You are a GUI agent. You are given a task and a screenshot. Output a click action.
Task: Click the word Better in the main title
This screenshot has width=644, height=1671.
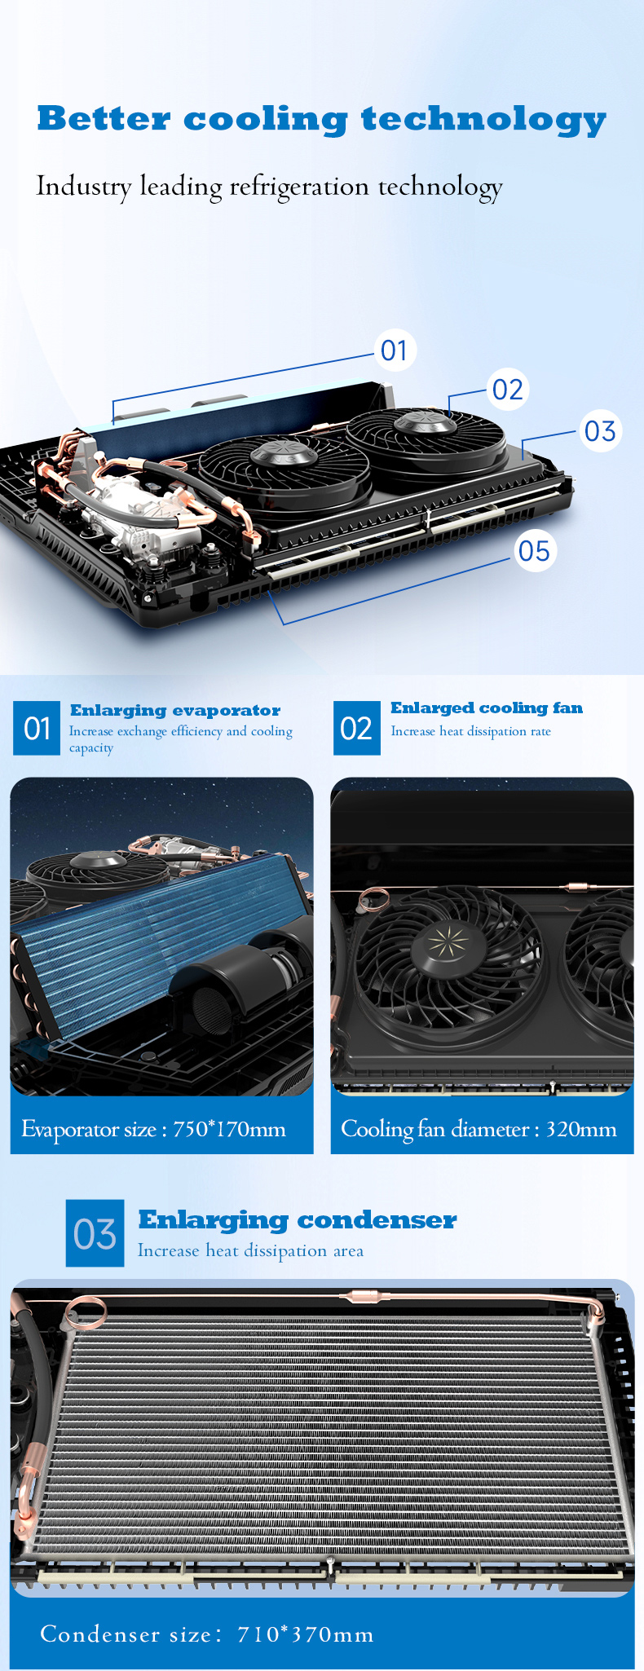point(104,119)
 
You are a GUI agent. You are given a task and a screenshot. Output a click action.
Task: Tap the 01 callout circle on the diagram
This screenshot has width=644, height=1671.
point(395,351)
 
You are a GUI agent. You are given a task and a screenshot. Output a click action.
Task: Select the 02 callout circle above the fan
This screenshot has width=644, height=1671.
point(507,389)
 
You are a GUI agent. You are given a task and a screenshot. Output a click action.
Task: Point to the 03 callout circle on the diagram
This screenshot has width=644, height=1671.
point(600,430)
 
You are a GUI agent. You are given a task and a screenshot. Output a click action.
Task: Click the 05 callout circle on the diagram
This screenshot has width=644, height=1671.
point(534,551)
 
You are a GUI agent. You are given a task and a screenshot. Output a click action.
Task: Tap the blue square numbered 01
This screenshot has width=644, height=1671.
point(37,728)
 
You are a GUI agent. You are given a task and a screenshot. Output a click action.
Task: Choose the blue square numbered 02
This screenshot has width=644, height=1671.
point(357,728)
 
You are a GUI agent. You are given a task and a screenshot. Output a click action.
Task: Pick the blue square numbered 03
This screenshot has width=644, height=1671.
point(95,1233)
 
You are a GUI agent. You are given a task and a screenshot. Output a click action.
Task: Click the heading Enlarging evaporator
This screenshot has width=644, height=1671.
point(175,710)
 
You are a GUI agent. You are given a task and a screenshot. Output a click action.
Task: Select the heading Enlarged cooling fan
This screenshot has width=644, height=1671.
point(487,708)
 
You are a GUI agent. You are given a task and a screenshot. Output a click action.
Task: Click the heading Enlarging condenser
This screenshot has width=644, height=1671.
point(298,1219)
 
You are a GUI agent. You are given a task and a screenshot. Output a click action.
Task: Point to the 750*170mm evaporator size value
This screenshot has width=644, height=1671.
point(229,1129)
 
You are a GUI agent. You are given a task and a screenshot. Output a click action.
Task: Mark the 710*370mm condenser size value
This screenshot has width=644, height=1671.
point(306,1634)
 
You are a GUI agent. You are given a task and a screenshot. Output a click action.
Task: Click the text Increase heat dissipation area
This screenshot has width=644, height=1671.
point(250,1251)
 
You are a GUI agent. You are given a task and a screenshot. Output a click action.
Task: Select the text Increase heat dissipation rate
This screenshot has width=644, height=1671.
point(470,731)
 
